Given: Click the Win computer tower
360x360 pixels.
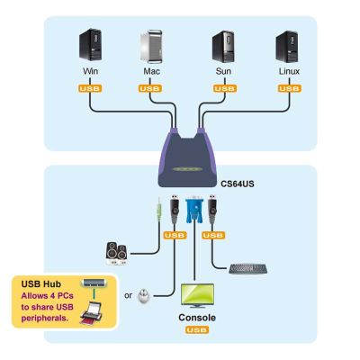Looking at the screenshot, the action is pyautogui.click(x=90, y=44).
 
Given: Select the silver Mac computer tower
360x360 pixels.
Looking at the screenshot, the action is pyautogui.click(x=152, y=46).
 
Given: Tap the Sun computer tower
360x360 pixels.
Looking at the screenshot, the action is pyautogui.click(x=223, y=46).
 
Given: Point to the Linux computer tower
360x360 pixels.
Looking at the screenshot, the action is pyautogui.click(x=287, y=47).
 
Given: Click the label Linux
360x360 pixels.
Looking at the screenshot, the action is pyautogui.click(x=289, y=71).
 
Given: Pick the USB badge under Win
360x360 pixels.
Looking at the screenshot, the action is pyautogui.click(x=90, y=88).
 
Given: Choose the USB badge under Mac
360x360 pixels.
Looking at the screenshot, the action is pyautogui.click(x=150, y=88).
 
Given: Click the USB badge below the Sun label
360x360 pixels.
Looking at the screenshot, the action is pyautogui.click(x=225, y=88).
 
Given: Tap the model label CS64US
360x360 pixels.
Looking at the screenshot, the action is pyautogui.click(x=238, y=184).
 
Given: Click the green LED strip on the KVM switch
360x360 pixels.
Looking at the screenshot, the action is pyautogui.click(x=187, y=169).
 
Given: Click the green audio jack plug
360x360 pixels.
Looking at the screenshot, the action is pyautogui.click(x=159, y=209).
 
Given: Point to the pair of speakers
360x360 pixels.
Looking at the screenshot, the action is pyautogui.click(x=116, y=254).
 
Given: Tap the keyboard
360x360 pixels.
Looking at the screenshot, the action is pyautogui.click(x=247, y=269).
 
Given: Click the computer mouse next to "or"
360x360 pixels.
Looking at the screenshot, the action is pyautogui.click(x=143, y=295).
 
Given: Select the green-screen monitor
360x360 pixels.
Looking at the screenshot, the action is pyautogui.click(x=197, y=296).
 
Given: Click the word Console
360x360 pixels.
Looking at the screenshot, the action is pyautogui.click(x=197, y=318).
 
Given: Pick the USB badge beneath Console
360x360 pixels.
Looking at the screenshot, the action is pyautogui.click(x=197, y=330).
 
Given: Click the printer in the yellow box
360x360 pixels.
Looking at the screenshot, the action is pyautogui.click(x=91, y=313).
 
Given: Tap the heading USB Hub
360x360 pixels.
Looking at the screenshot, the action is pyautogui.click(x=41, y=284).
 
